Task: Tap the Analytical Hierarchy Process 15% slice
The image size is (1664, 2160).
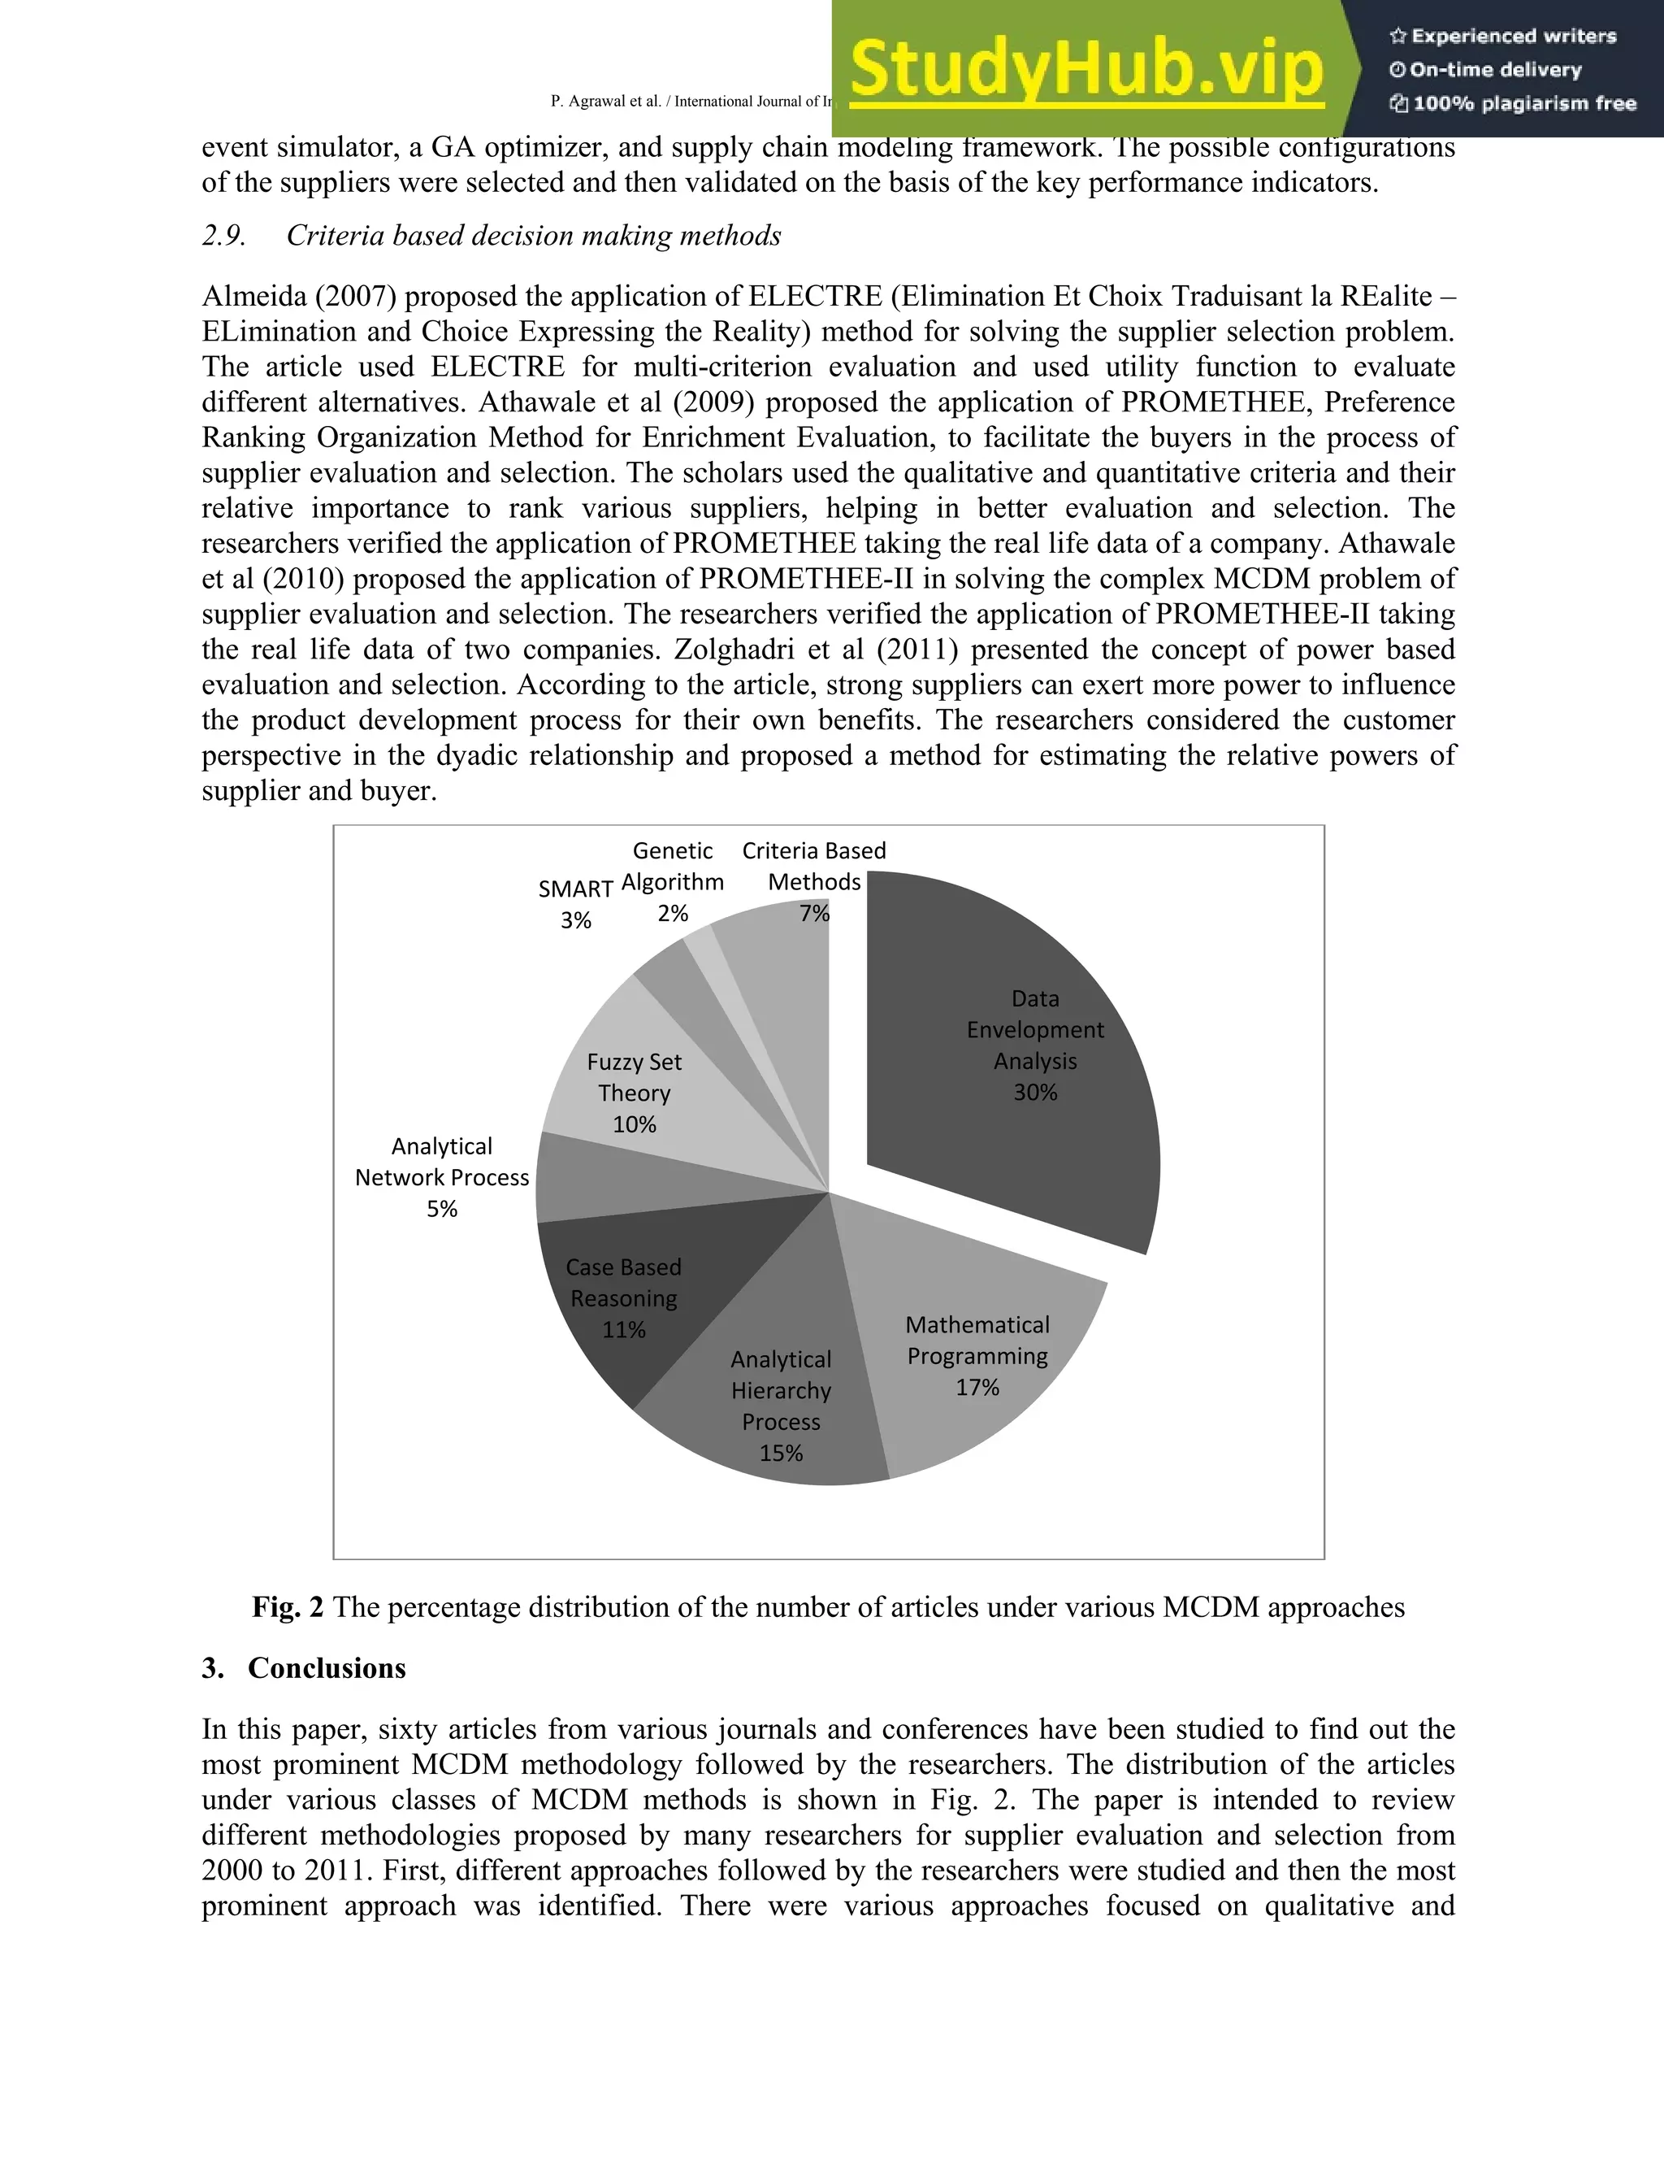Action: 781,1405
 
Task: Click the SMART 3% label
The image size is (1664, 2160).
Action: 575,904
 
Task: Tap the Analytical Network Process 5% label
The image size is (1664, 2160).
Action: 442,1177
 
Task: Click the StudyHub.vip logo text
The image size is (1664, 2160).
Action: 1085,69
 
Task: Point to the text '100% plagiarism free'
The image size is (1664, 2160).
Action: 1513,104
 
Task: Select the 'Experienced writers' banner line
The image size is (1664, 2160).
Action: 1503,37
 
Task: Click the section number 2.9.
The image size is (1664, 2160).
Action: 223,236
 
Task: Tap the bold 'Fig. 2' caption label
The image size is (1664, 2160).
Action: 287,1607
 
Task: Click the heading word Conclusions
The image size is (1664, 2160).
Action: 327,1668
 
